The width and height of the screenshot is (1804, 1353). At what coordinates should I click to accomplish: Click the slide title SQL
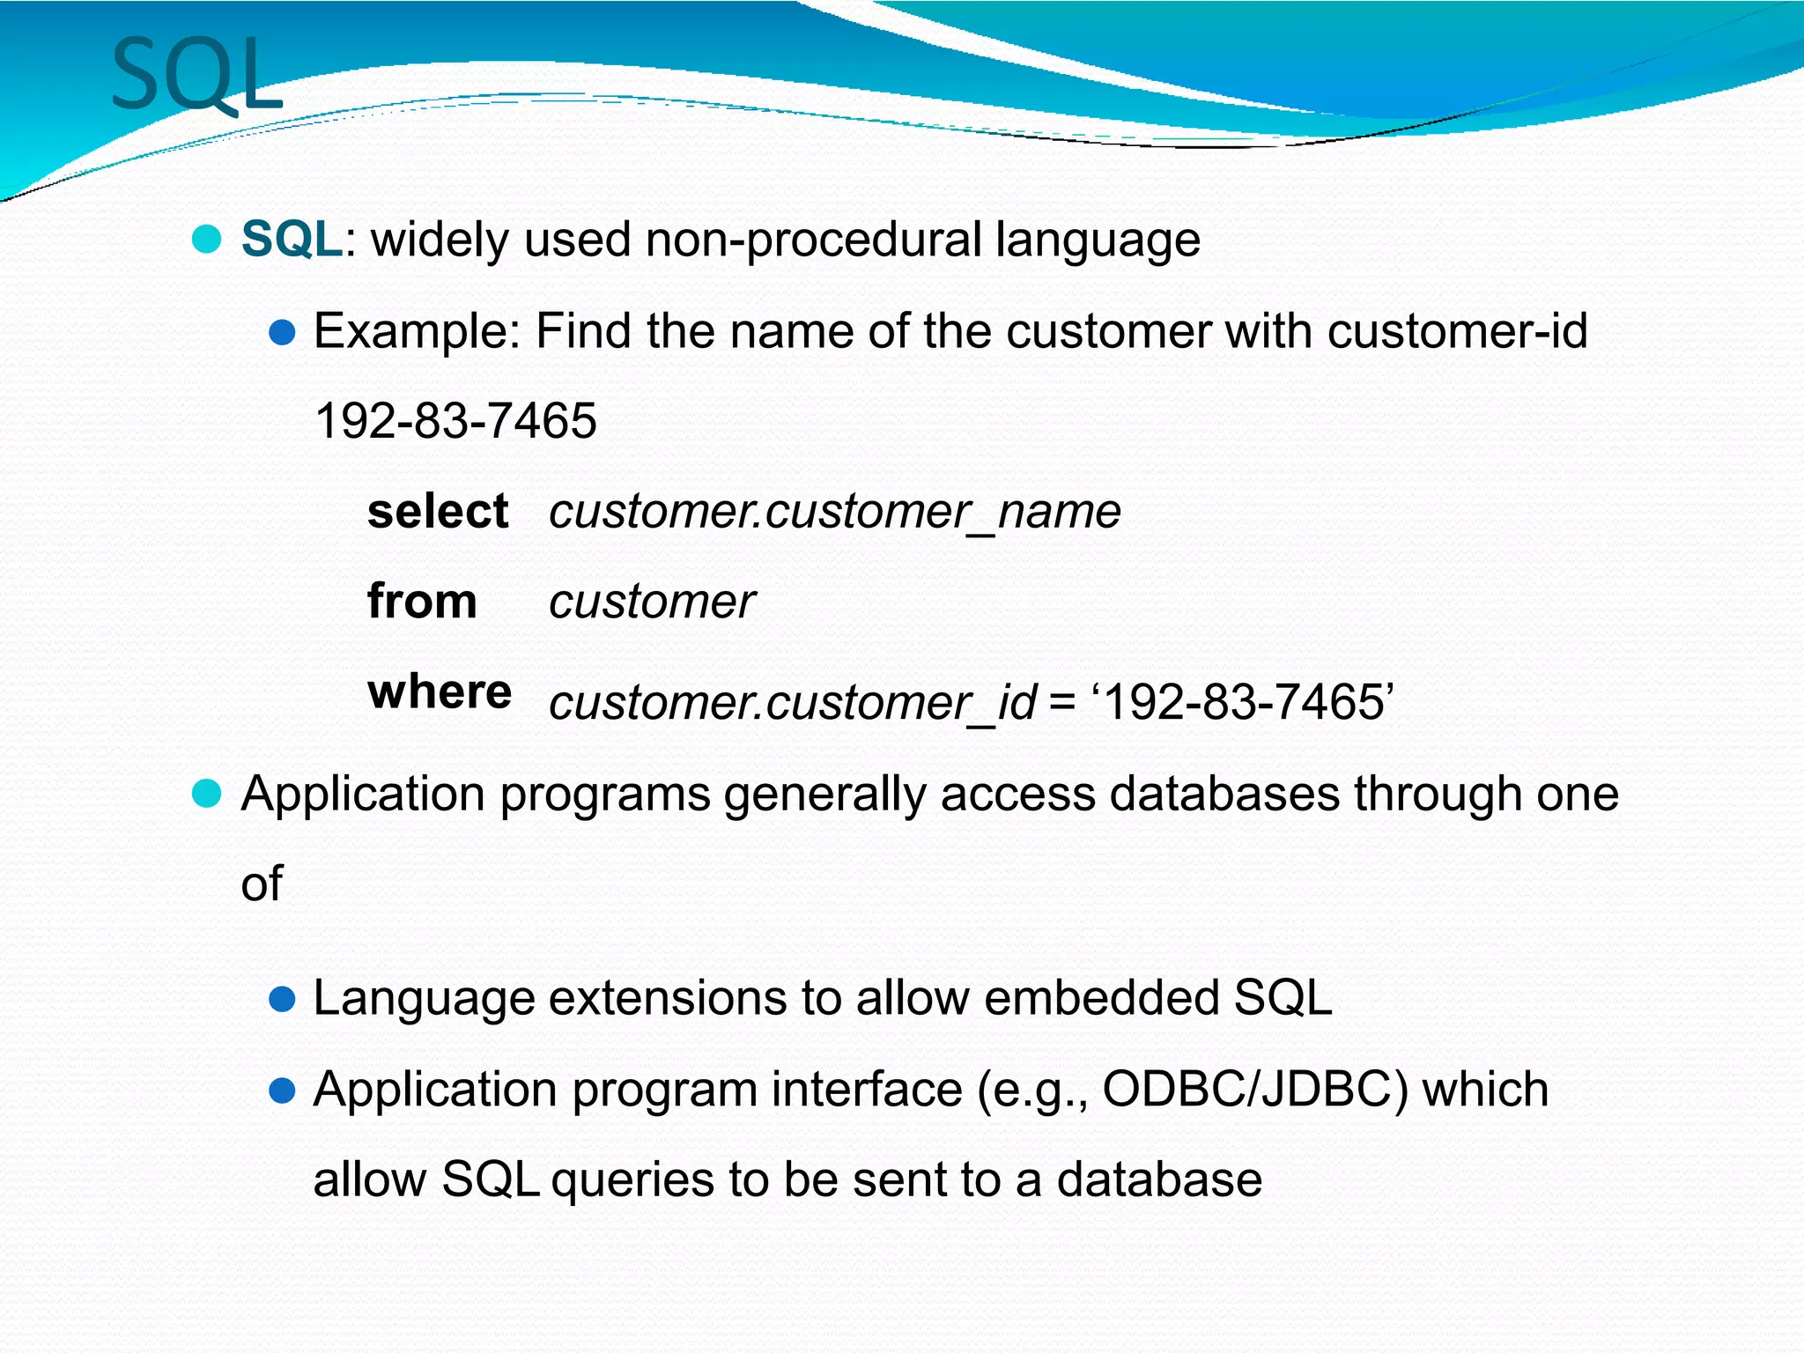click(197, 76)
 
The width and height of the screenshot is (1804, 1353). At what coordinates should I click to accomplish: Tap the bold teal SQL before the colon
click(291, 240)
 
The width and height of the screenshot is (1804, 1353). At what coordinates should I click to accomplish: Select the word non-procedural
click(813, 240)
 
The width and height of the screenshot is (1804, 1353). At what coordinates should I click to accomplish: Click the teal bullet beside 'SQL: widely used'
click(206, 239)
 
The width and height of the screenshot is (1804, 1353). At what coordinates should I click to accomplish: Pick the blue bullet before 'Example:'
click(282, 332)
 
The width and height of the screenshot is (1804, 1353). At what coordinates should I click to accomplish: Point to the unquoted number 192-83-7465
click(455, 421)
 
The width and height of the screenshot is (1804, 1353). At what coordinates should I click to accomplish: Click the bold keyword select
click(438, 512)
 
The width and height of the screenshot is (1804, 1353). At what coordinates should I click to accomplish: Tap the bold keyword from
click(422, 602)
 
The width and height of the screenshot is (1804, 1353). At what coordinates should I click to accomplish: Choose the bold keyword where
click(440, 691)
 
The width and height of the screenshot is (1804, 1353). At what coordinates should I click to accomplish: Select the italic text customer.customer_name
click(834, 512)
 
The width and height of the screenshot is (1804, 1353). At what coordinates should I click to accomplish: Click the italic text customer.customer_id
click(792, 703)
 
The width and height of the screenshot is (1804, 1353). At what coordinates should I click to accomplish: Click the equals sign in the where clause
click(1062, 703)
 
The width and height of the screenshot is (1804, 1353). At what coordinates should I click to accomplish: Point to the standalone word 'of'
click(262, 884)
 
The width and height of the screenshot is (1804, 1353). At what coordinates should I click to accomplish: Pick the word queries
click(632, 1179)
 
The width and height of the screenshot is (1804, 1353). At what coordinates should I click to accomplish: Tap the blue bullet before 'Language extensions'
click(282, 998)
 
